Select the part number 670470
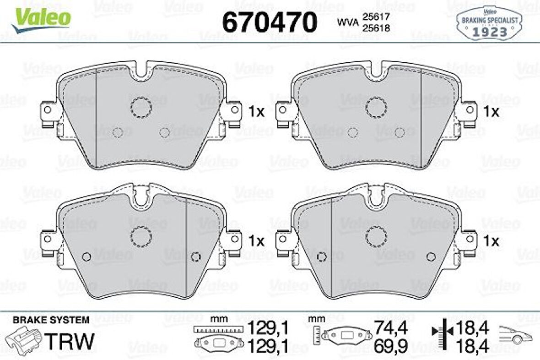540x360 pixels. pyautogui.click(x=269, y=22)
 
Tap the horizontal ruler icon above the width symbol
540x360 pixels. pyautogui.click(x=217, y=329)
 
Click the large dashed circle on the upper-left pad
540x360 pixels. pyautogui.click(x=140, y=107)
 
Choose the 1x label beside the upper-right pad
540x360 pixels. pyautogui.click(x=492, y=111)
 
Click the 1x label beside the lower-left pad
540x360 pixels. pyautogui.click(x=256, y=241)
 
